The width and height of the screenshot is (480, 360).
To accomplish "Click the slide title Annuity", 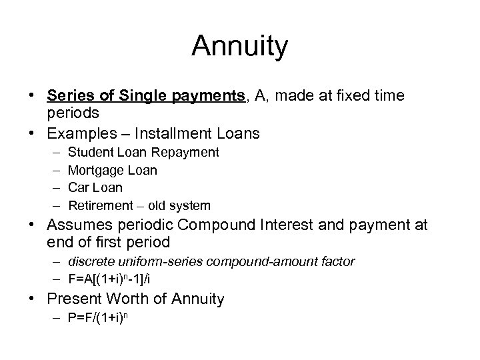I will coord(240,47).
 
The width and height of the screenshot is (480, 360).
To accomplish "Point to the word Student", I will coord(90,153).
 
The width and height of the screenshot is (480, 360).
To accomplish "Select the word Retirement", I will coord(101,205).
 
